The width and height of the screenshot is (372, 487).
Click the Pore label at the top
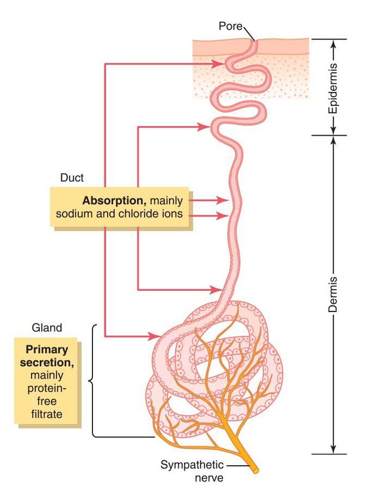(230, 26)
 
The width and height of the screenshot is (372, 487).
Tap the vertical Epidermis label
(333, 87)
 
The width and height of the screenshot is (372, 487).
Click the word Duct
(71, 178)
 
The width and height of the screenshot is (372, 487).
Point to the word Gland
(47, 328)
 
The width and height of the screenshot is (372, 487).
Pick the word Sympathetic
(192, 465)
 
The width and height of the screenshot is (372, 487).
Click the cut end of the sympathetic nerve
(255, 469)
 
